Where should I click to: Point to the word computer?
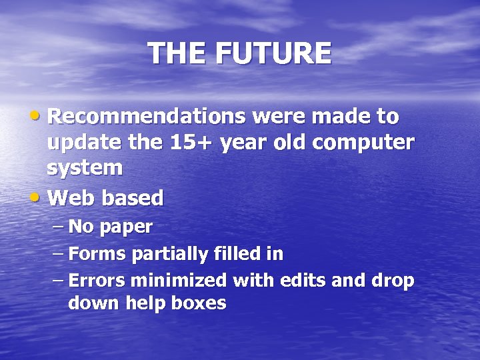[367, 142]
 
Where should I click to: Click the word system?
[85, 167]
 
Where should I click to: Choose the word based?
[133, 197]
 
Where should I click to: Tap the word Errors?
[99, 280]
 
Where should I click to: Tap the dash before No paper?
[58, 227]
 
